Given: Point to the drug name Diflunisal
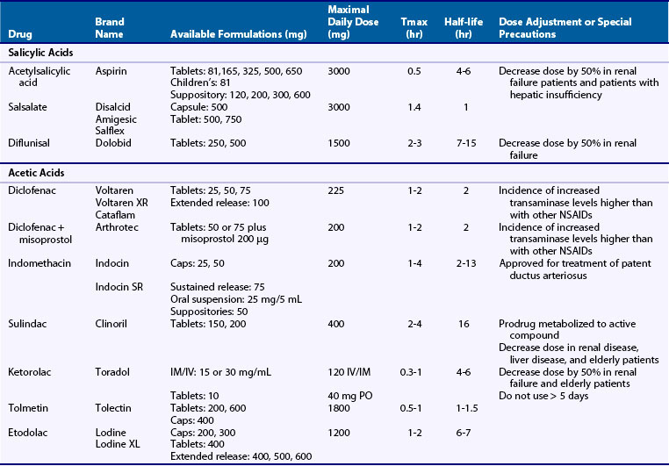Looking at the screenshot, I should click(30, 142).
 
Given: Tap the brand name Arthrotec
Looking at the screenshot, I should click(116, 226).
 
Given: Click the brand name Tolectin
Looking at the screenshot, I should click(114, 408).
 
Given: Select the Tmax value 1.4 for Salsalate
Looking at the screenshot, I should click(412, 106).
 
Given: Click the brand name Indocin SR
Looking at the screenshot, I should click(119, 286).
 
